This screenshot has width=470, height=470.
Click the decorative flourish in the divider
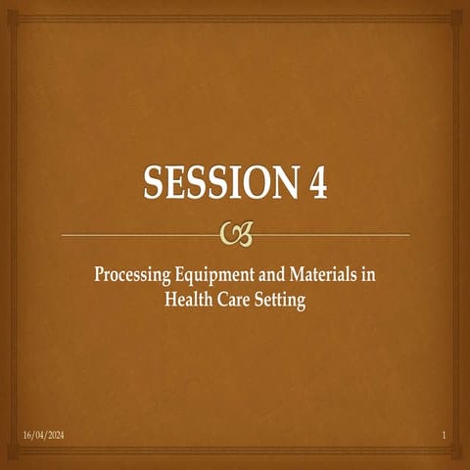point(235,233)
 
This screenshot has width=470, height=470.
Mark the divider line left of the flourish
point(137,234)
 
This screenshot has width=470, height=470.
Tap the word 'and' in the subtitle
point(268,277)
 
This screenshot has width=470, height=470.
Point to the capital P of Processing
point(99,277)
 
